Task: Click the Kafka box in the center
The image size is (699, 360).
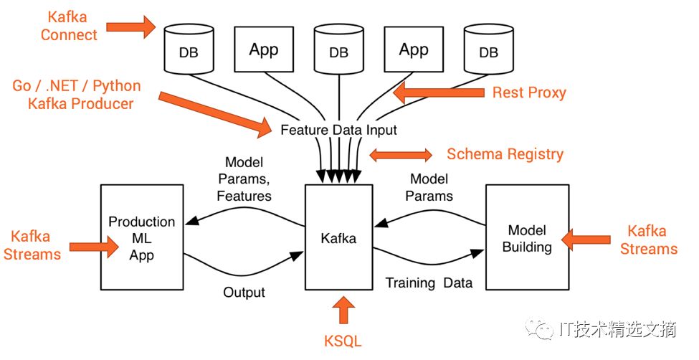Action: [339, 237]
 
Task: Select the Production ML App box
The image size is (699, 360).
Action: [142, 237]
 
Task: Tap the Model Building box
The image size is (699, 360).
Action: [528, 237]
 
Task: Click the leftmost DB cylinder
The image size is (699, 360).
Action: [189, 49]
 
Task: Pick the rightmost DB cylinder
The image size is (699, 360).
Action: [489, 49]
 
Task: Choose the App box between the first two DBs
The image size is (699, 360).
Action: [264, 49]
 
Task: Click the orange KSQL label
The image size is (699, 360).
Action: [343, 341]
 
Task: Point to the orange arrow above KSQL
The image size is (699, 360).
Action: [343, 310]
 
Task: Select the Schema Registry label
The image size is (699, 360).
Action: [505, 154]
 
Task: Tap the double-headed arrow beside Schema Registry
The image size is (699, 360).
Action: [401, 155]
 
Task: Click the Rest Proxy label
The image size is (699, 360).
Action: [529, 93]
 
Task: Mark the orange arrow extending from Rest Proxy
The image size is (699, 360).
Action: [439, 93]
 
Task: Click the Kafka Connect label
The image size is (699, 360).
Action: [68, 26]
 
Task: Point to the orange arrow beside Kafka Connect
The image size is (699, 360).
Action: [131, 27]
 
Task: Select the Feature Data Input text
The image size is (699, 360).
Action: [338, 131]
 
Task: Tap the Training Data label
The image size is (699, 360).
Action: [429, 283]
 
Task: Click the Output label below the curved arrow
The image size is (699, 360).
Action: [244, 292]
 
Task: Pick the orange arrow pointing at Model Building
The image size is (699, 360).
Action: [586, 240]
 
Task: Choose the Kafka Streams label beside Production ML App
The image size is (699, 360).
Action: [32, 245]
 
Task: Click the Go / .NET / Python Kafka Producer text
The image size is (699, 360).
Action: [77, 95]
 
